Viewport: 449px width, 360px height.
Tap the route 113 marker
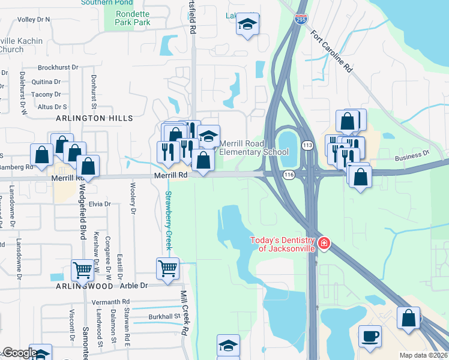307,146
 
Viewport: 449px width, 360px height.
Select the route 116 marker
288,174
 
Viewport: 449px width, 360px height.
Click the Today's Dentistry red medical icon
324,242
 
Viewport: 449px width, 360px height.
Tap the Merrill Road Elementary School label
255,148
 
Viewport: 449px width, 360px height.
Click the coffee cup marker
370,335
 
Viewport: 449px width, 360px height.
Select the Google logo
19,353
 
